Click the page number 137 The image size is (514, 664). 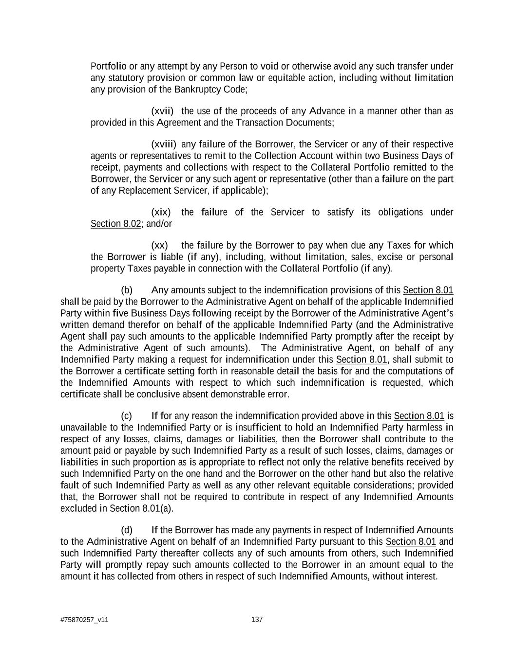click(x=257, y=619)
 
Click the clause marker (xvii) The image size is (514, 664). click(x=162, y=111)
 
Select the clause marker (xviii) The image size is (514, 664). click(x=164, y=144)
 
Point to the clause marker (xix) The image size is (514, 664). click(x=161, y=212)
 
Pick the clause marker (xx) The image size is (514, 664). click(x=160, y=245)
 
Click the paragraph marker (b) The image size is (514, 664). click(x=127, y=290)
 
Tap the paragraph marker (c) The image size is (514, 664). click(x=127, y=416)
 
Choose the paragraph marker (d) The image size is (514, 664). click(x=127, y=530)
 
